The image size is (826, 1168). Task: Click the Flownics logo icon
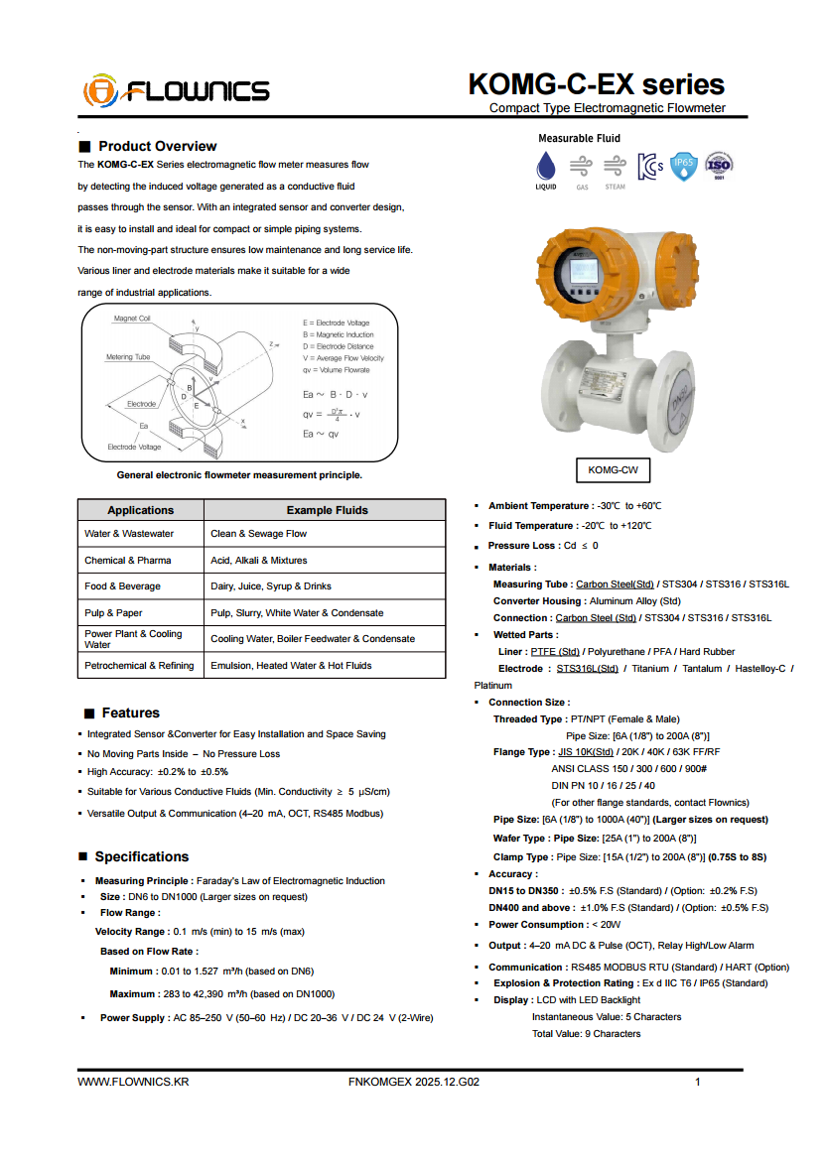click(100, 90)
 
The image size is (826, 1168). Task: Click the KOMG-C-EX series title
click(596, 84)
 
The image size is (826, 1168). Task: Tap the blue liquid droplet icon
click(546, 165)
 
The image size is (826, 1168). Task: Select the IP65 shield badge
click(684, 165)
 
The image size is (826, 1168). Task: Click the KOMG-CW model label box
click(613, 469)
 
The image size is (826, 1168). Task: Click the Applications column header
click(140, 510)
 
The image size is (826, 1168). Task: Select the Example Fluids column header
click(327, 510)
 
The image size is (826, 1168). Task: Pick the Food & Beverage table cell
click(122, 586)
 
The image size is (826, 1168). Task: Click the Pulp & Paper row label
click(113, 612)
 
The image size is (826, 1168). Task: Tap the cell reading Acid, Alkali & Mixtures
click(258, 561)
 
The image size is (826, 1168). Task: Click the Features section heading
click(130, 713)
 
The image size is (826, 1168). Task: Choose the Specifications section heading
click(141, 856)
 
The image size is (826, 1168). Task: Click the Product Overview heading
click(157, 146)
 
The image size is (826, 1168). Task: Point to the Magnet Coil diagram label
click(132, 319)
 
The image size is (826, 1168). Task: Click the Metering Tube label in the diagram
click(128, 357)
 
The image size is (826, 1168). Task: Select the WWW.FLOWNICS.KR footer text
click(133, 1082)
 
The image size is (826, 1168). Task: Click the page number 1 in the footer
click(698, 1082)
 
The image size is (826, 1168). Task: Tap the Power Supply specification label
click(134, 1018)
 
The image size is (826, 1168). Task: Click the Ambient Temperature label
click(539, 506)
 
